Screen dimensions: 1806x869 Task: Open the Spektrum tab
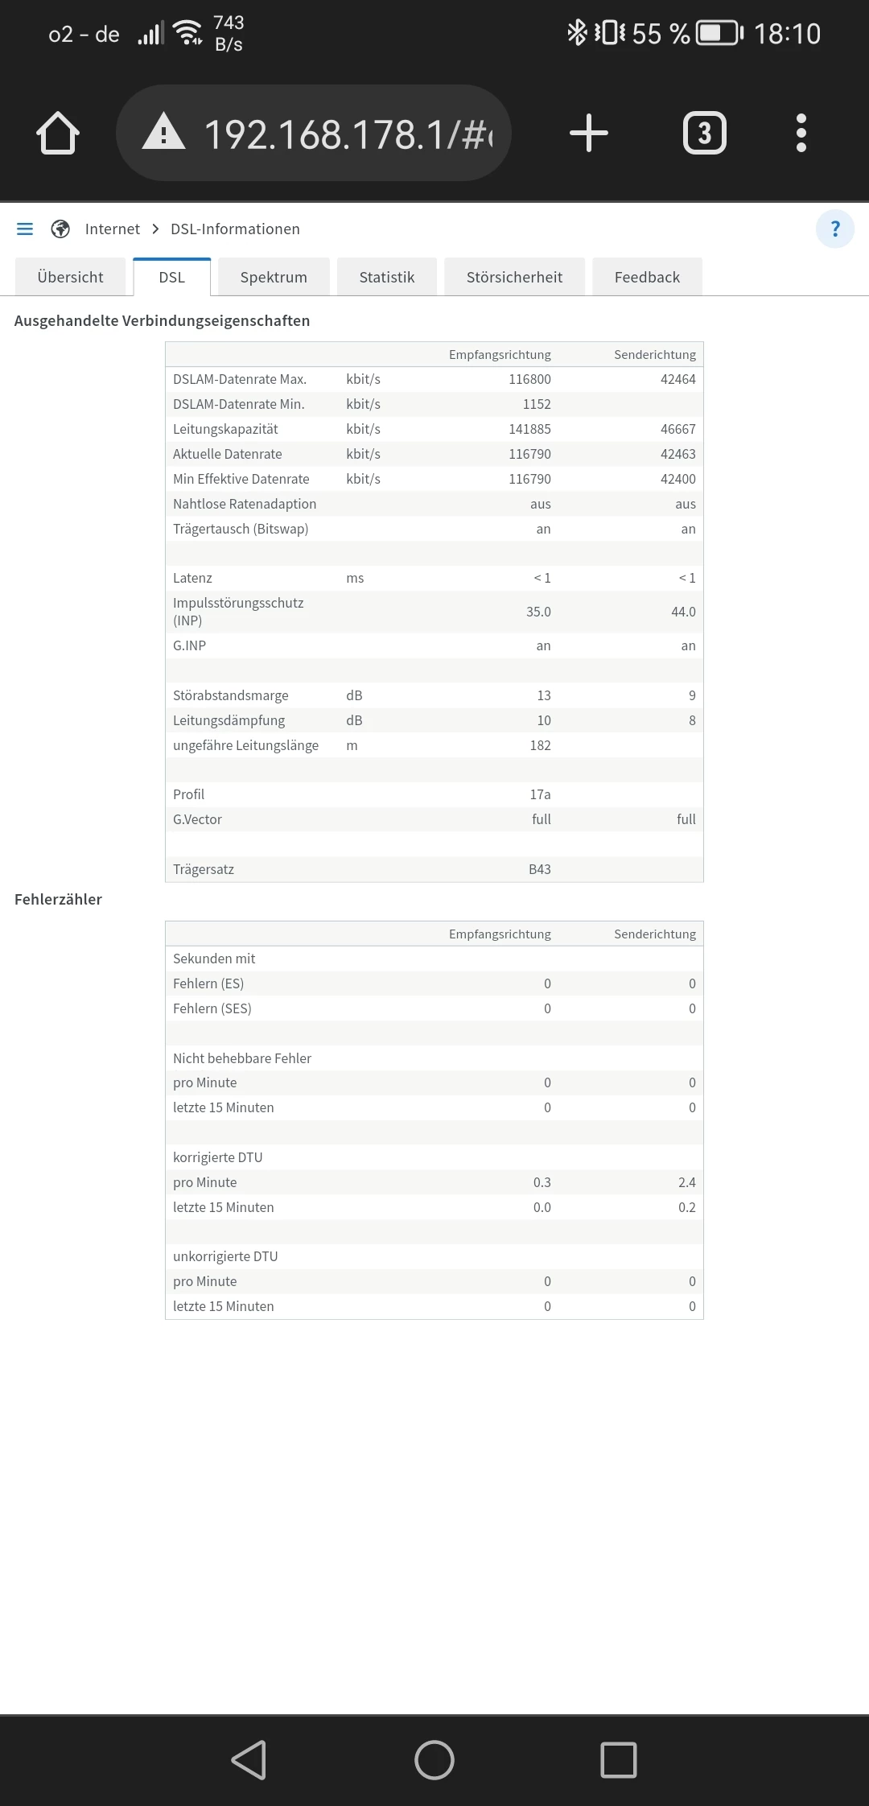pos(274,278)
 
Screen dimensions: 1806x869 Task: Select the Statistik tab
pos(387,278)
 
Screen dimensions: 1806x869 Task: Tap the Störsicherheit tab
pos(514,278)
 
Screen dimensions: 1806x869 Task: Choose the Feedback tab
pos(647,278)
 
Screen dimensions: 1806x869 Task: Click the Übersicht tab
pos(71,278)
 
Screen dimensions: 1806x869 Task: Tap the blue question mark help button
pos(835,229)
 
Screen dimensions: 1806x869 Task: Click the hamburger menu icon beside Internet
pos(25,229)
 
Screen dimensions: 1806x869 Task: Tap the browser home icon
pos(58,134)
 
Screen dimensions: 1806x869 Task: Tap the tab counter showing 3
pos(704,134)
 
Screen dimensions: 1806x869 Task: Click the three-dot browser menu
pos(801,134)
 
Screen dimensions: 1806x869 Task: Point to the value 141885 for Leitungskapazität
pos(529,429)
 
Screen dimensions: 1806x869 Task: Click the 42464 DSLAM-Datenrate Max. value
pos(677,379)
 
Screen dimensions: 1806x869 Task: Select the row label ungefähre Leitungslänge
pos(245,745)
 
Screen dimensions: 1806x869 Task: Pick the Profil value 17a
pos(540,794)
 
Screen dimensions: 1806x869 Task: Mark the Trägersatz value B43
pos(540,869)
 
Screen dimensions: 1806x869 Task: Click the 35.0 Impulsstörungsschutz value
pos(538,612)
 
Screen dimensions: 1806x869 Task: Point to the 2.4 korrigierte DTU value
pos(686,1182)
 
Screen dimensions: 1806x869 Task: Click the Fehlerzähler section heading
pos(58,900)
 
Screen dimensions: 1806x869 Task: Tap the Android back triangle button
pos(249,1759)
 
